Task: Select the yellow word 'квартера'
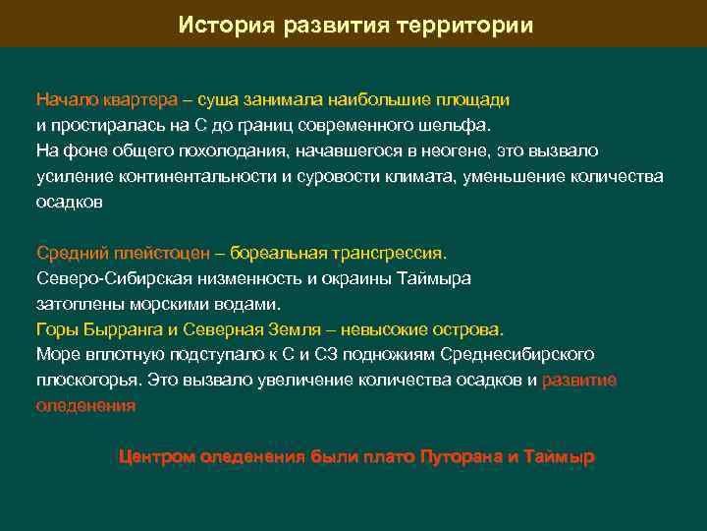136,100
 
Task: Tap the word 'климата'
455,177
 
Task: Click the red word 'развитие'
579,380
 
